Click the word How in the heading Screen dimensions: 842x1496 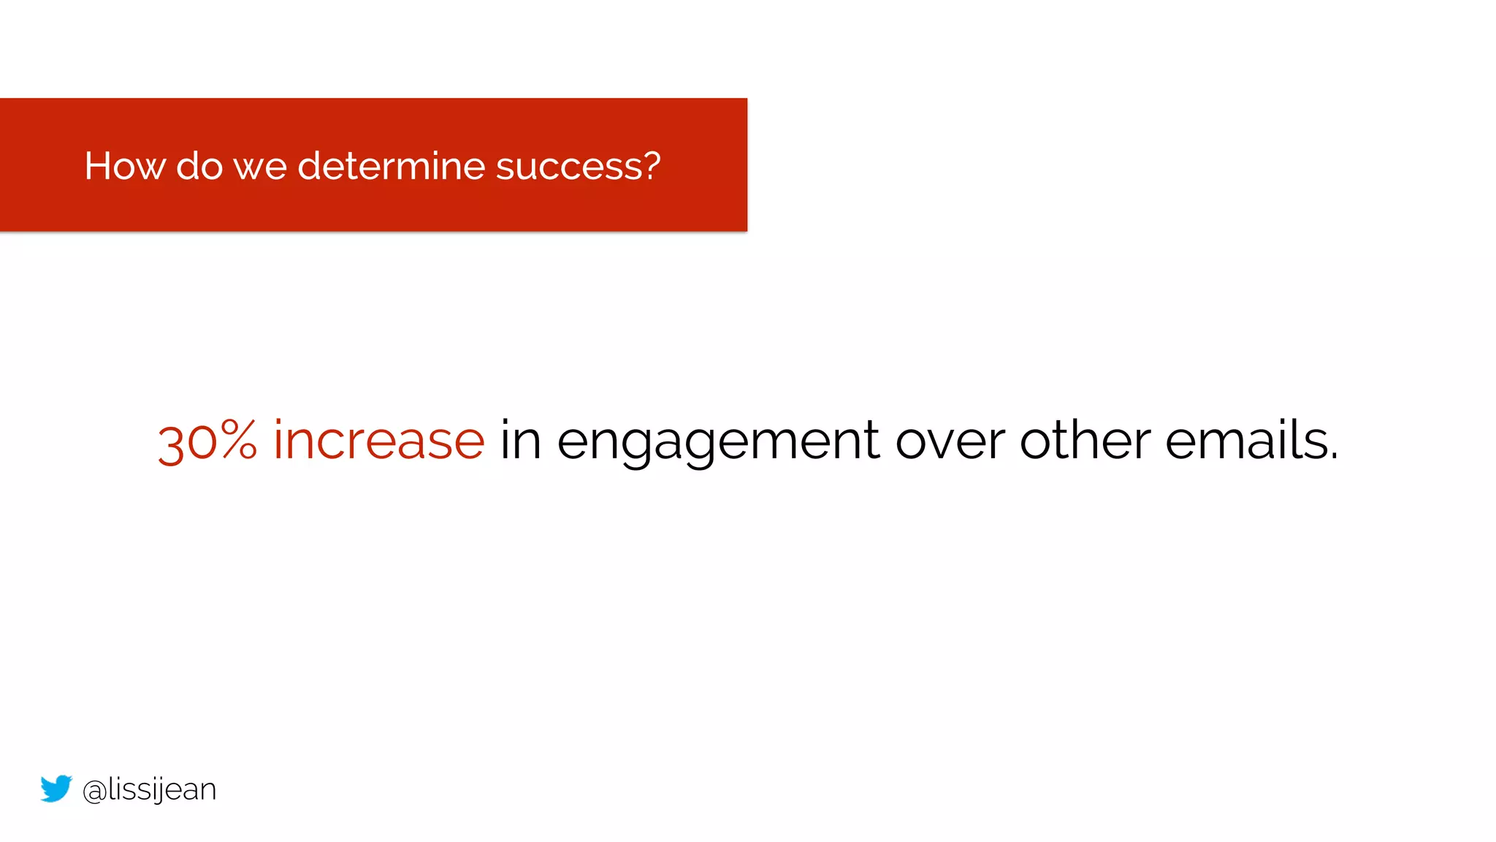pos(124,166)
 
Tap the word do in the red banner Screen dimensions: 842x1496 pos(199,166)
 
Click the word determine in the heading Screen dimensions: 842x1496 pos(391,166)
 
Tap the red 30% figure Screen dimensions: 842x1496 pos(207,441)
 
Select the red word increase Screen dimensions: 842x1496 pos(378,441)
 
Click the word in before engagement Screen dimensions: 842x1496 pos(520,441)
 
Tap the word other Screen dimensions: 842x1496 pos(1085,441)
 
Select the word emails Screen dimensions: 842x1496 pos(1245,441)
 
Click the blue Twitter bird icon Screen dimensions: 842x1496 pos(56,789)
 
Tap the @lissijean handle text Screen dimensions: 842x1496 pos(149,790)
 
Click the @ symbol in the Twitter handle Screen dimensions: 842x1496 pos(95,792)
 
